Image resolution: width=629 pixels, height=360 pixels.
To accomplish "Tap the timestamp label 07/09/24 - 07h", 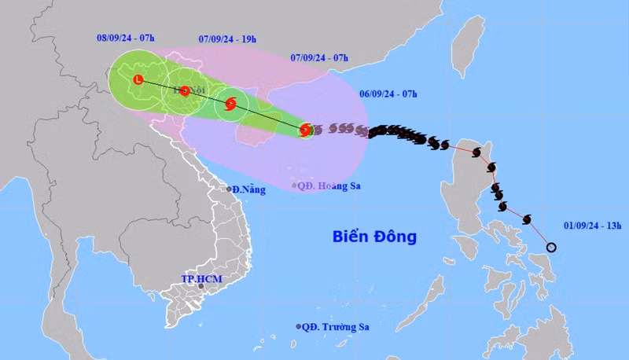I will pos(319,57).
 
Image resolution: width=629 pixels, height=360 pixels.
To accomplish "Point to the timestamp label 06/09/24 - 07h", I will pos(388,94).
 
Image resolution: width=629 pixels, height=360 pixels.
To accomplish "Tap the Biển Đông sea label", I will pos(373,236).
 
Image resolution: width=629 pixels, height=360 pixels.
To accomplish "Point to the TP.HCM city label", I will pos(198,278).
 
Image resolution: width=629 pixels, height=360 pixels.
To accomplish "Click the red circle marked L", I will pos(138,79).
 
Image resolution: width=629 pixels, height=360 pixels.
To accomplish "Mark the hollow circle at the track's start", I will pos(551,248).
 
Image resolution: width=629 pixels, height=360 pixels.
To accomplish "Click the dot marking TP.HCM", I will pos(201,286).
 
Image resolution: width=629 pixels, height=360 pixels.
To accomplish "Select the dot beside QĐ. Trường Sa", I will pos(299,326).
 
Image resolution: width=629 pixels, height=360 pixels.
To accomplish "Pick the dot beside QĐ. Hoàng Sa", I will pos(294,186).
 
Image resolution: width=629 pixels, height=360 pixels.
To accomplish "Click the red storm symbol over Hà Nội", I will pos(184,90).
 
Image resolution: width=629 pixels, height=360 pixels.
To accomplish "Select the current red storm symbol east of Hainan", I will pos(306,130).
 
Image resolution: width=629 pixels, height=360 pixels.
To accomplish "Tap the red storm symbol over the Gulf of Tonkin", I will pos(230,103).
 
